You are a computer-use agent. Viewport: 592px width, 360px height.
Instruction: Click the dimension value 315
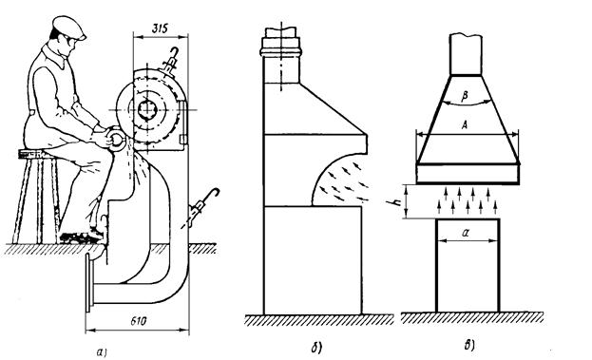click(160, 28)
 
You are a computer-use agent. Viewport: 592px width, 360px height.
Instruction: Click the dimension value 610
click(139, 321)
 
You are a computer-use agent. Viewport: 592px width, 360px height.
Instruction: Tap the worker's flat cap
click(68, 28)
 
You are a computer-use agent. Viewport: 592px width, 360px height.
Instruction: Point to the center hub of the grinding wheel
click(147, 110)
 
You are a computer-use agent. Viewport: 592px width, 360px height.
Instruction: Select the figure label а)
click(102, 352)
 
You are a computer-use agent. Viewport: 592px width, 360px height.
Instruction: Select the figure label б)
click(316, 348)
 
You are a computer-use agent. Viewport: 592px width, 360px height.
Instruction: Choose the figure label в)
click(469, 346)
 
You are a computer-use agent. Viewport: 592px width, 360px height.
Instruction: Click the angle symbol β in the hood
click(465, 96)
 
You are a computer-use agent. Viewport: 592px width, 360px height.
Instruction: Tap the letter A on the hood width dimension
click(465, 125)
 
